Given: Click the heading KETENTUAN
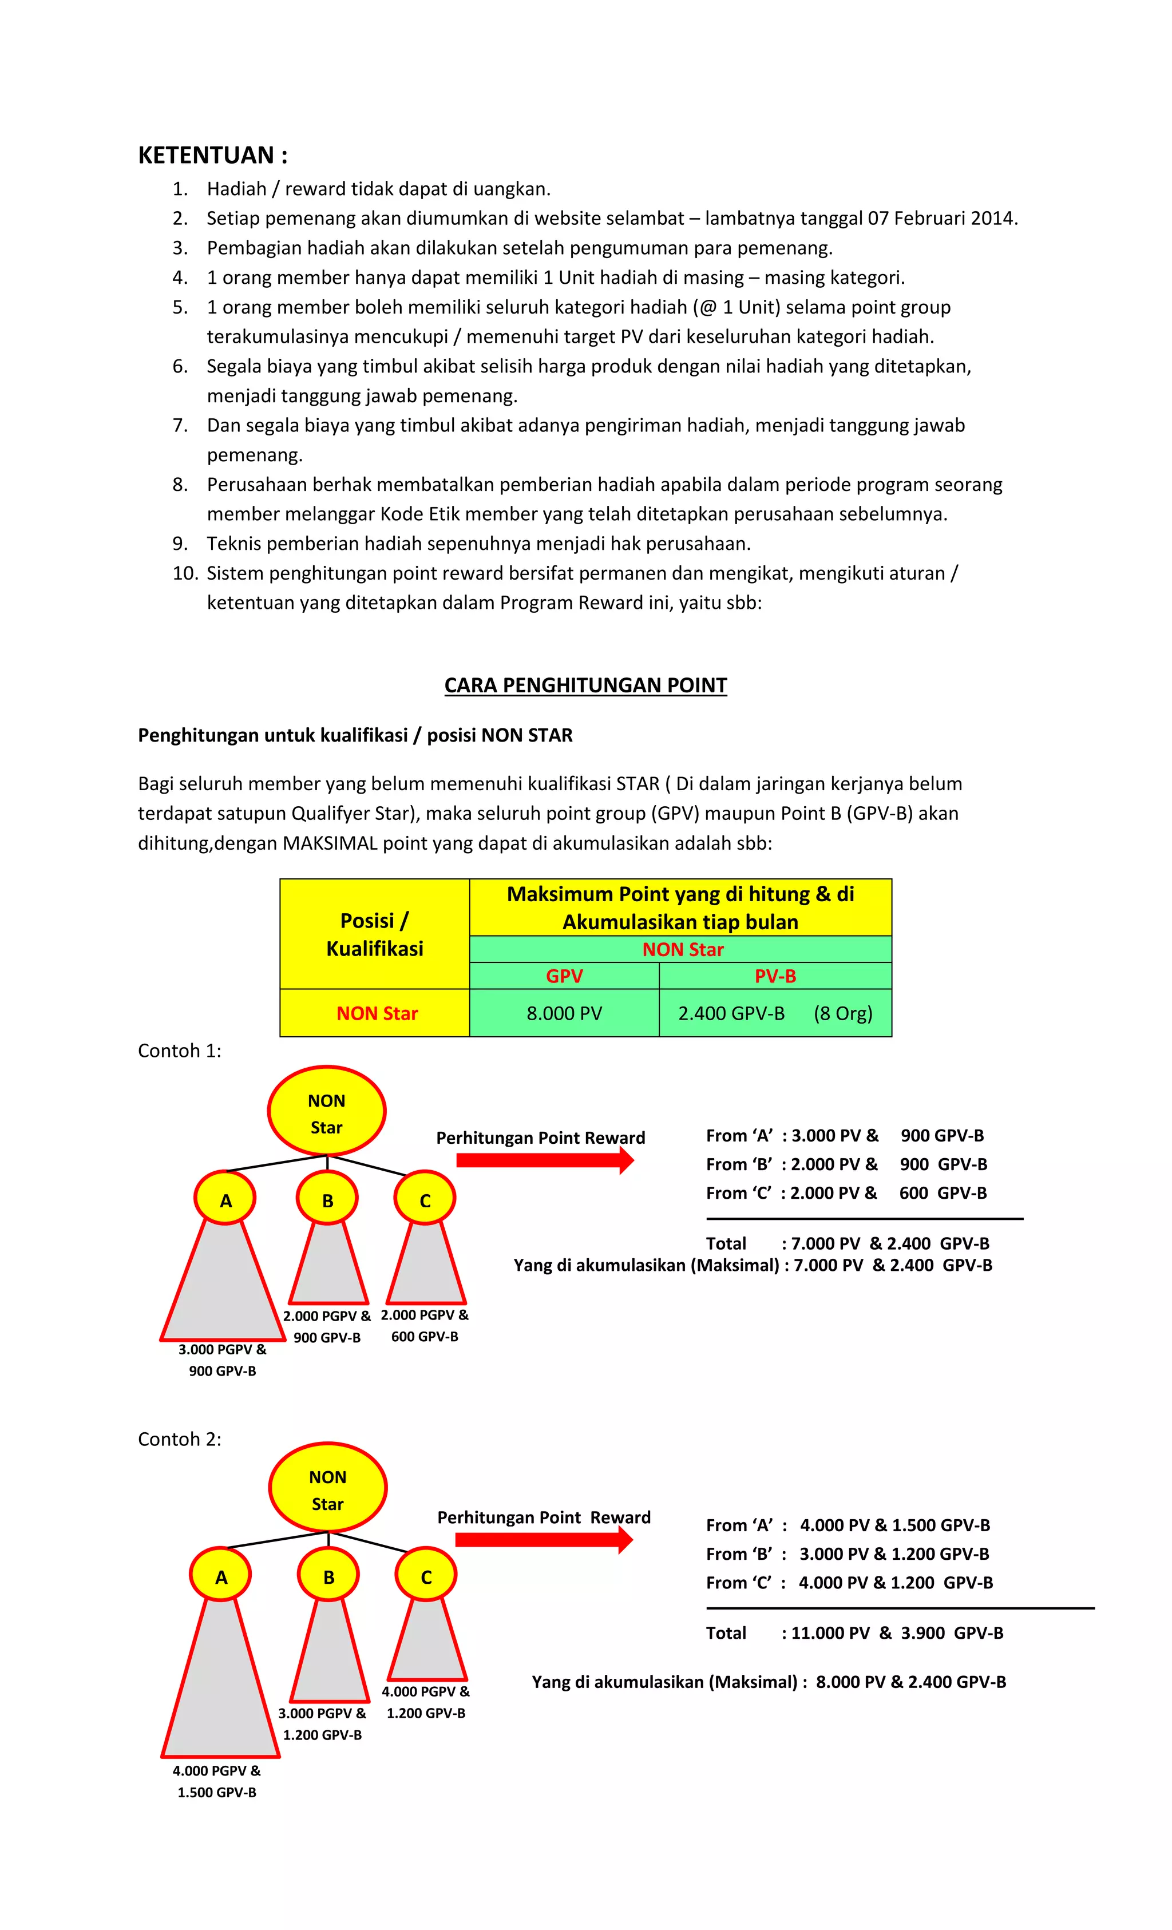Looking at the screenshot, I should pyautogui.click(x=212, y=155).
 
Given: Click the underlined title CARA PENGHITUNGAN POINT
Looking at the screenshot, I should pyautogui.click(x=585, y=685).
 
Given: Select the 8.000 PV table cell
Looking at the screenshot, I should pyautogui.click(x=564, y=1013).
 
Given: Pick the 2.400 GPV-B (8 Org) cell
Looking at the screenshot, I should pyautogui.click(x=775, y=1013).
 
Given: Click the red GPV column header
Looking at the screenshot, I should pyautogui.click(x=564, y=976).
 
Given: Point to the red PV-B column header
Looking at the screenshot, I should pyautogui.click(x=775, y=976).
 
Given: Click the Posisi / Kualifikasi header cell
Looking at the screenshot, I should pyautogui.click(x=374, y=934).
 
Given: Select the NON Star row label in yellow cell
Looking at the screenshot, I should pyautogui.click(x=376, y=1013).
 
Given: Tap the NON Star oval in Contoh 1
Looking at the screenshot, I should pyautogui.click(x=327, y=1113).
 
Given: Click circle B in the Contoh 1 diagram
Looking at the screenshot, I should pyautogui.click(x=327, y=1200).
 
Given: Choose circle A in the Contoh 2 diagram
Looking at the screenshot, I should pyautogui.click(x=221, y=1577).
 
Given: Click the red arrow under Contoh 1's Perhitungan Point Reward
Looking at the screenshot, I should pyautogui.click(x=544, y=1160).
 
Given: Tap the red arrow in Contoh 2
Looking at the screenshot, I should pyautogui.click(x=543, y=1540).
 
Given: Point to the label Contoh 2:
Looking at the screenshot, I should pyautogui.click(x=179, y=1440).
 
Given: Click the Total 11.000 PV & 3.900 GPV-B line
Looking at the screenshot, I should pyautogui.click(x=854, y=1633).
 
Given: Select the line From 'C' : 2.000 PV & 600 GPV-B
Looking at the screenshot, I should pyautogui.click(x=846, y=1193).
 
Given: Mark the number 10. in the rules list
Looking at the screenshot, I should pyautogui.click(x=185, y=573).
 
